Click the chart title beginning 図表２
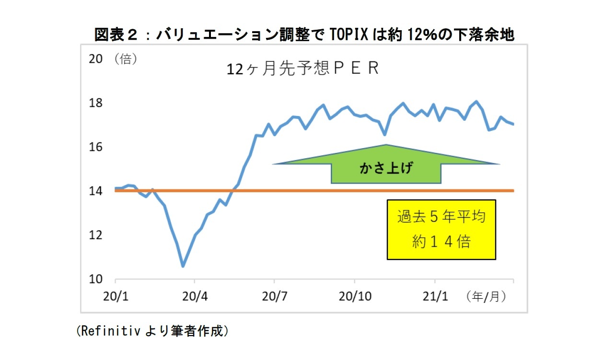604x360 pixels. (x=304, y=35)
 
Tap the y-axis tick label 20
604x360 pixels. (x=96, y=59)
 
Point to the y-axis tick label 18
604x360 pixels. (x=96, y=103)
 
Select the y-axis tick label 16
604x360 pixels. (x=96, y=147)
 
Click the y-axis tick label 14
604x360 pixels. (x=96, y=191)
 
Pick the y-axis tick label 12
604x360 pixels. (x=96, y=235)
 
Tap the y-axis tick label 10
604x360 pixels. (x=96, y=279)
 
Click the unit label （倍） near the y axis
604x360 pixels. (x=126, y=59)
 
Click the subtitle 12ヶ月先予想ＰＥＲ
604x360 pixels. (x=302, y=69)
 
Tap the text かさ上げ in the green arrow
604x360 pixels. (x=385, y=168)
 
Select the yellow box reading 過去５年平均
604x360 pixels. (x=441, y=230)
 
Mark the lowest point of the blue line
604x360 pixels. (x=183, y=266)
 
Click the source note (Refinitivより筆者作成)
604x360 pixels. (x=152, y=331)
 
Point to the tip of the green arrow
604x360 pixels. (x=386, y=145)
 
